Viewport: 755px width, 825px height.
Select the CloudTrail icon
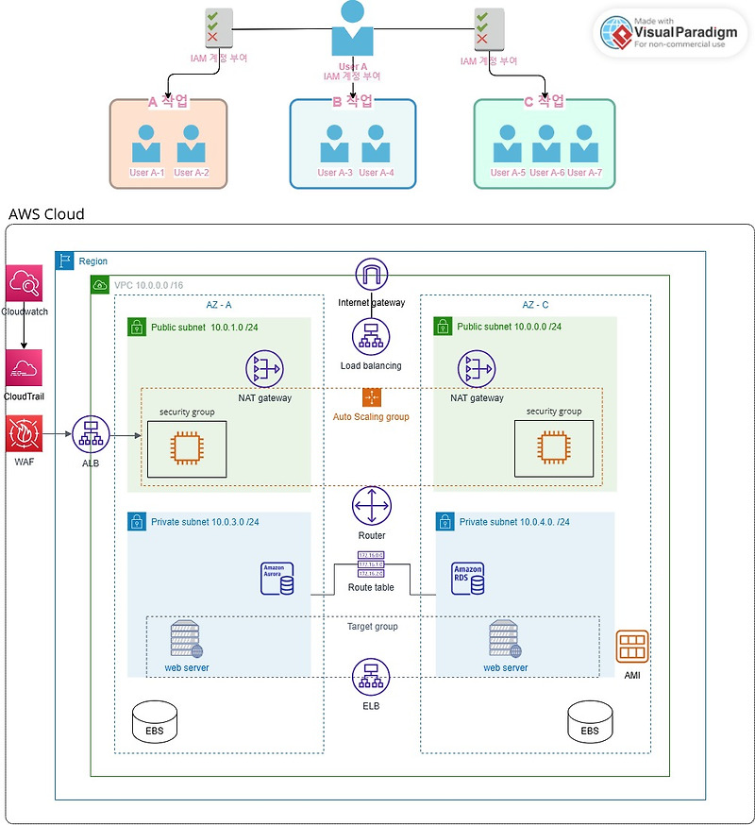coord(23,369)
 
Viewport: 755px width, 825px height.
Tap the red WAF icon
coord(23,434)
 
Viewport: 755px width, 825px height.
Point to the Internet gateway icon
coord(372,275)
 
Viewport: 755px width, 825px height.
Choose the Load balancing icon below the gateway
coord(371,337)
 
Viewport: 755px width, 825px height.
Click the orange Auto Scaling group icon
coord(371,397)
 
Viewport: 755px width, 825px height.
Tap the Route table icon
coord(371,564)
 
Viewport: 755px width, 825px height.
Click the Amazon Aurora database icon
coord(277,579)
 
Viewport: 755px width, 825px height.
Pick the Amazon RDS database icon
coord(468,579)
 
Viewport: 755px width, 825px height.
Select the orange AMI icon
coord(632,647)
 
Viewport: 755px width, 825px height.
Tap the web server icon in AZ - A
coord(185,640)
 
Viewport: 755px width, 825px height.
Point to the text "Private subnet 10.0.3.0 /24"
coord(205,522)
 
